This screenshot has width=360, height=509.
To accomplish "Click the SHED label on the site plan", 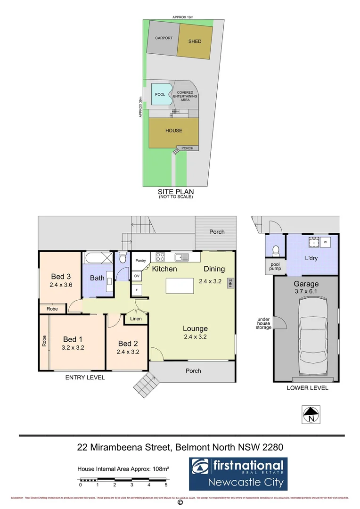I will click(x=195, y=41).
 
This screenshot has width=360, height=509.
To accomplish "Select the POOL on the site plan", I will click(x=160, y=95).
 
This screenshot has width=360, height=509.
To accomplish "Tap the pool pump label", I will click(x=275, y=266).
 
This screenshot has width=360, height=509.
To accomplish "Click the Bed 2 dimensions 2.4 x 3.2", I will click(x=128, y=351).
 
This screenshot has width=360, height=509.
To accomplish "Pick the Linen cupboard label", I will click(x=136, y=319).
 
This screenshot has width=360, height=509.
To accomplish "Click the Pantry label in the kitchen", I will click(x=140, y=260).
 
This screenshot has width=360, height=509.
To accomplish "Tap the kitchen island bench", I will click(x=180, y=287).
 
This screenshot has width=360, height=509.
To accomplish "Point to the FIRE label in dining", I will click(x=230, y=283).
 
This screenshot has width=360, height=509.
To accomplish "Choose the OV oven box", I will click(x=137, y=276).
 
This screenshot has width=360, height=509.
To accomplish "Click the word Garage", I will click(x=306, y=284).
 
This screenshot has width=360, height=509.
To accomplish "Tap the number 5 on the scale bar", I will click(x=166, y=484).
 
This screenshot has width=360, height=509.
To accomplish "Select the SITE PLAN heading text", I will click(x=176, y=192).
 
